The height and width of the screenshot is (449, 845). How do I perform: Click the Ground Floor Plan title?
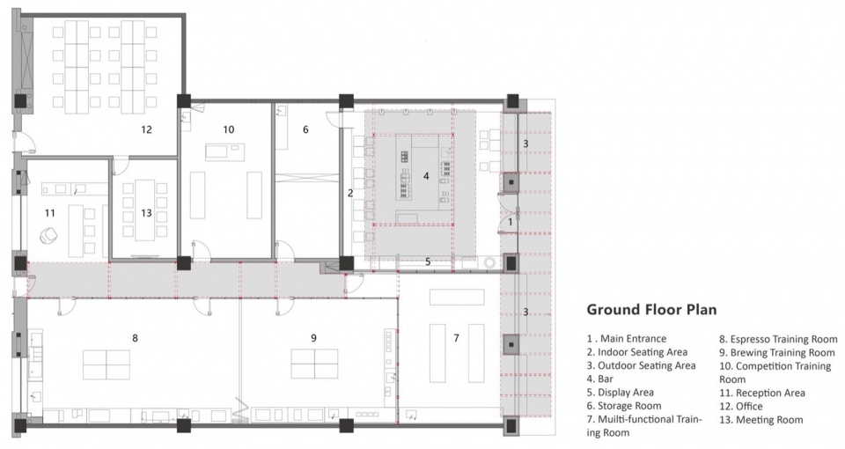pos(651,310)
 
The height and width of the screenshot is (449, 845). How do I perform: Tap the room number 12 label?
pos(147,129)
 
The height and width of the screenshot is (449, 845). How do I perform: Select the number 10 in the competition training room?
pos(229,129)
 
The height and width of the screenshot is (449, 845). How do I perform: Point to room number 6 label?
pos(305,129)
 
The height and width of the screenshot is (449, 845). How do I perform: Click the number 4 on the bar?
pos(426,176)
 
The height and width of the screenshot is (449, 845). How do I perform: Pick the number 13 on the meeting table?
pos(147,213)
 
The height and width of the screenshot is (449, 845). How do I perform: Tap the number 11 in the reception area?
pos(49,213)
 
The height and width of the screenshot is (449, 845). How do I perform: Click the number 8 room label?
pos(135,338)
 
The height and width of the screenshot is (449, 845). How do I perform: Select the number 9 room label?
pos(313,338)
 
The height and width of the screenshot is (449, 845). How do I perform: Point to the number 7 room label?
pos(457,338)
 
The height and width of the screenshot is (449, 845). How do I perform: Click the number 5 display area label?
pos(428,261)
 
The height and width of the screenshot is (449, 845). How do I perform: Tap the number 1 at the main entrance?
pos(511,222)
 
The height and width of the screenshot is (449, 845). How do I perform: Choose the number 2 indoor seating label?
pos(350,193)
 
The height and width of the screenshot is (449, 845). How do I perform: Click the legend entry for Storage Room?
pos(624,406)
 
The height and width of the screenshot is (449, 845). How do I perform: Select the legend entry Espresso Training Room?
pos(778,339)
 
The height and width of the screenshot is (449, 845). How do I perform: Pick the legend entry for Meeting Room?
pos(760,420)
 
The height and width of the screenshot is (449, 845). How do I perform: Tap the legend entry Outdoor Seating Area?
pos(642,365)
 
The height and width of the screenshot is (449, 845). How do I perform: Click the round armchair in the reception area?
pos(49,235)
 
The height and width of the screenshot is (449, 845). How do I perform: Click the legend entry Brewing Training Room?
pos(777,352)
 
